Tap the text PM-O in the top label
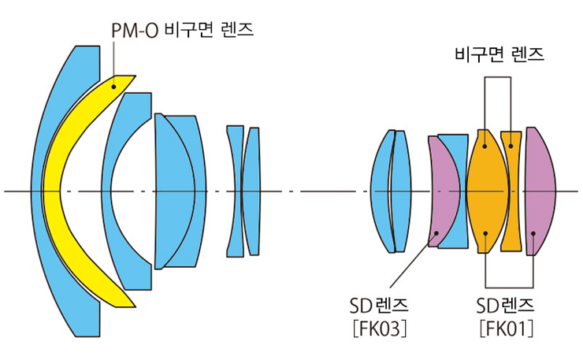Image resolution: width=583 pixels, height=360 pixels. click(128, 29)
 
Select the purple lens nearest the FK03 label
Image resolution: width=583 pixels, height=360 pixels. click(444, 191)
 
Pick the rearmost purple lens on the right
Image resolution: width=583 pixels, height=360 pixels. click(540, 191)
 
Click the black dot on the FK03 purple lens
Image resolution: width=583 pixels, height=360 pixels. click(439, 232)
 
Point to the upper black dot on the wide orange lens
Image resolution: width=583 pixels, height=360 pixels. click(486, 143)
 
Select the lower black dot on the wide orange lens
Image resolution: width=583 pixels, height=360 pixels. click(486, 233)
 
